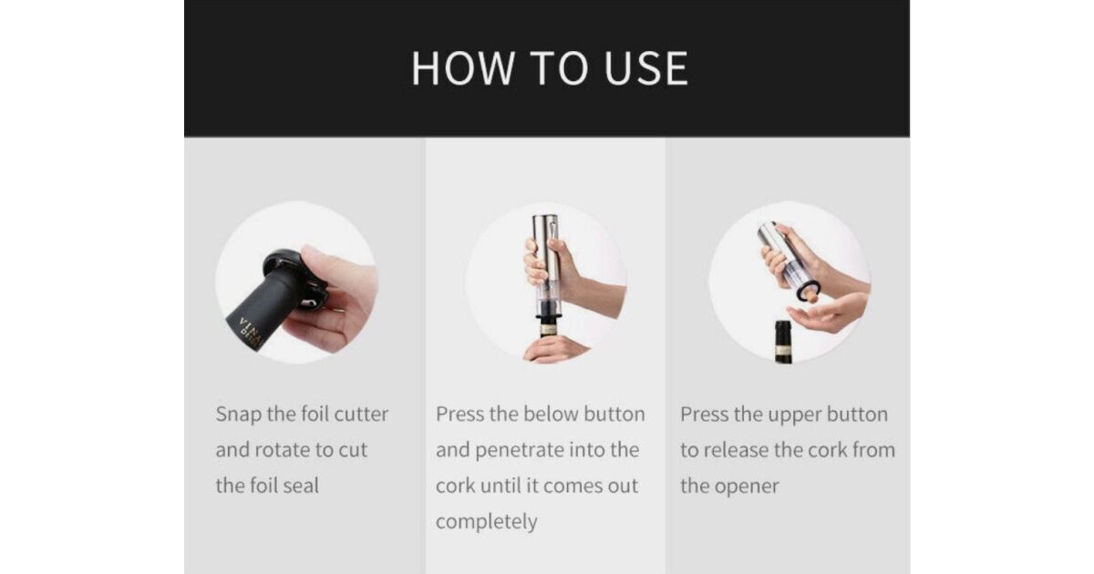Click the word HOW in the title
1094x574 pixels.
(x=463, y=68)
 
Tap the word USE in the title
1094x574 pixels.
(x=646, y=68)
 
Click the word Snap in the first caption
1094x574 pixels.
(x=238, y=415)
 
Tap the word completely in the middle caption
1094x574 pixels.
(x=487, y=522)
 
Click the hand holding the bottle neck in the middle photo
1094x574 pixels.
(x=553, y=350)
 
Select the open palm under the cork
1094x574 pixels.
(x=825, y=315)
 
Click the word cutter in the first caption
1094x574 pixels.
(x=361, y=415)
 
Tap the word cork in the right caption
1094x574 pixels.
(x=829, y=450)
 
